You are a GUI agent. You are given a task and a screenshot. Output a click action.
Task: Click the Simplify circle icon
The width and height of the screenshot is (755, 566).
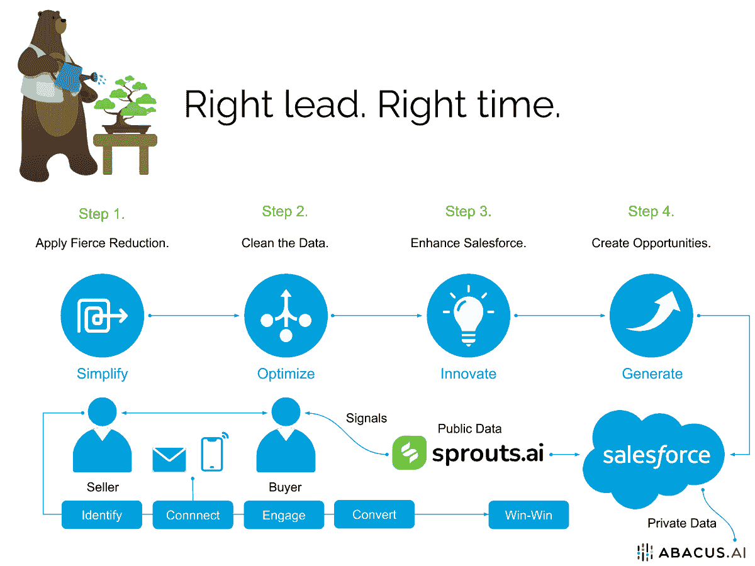(x=103, y=317)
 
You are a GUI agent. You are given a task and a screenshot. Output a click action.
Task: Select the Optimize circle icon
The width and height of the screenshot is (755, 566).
(x=286, y=317)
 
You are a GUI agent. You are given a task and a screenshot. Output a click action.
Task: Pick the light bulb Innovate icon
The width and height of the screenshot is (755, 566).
(x=468, y=317)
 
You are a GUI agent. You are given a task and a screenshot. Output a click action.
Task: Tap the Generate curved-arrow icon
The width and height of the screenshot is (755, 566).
(x=651, y=317)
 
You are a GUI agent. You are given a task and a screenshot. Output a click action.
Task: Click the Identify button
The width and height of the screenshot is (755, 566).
(x=102, y=516)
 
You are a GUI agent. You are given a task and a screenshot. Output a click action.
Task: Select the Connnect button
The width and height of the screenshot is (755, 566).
(x=193, y=516)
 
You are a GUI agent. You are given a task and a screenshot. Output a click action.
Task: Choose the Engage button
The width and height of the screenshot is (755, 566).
(x=284, y=516)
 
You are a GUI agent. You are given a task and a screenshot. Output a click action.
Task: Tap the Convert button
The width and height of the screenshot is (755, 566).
(x=374, y=514)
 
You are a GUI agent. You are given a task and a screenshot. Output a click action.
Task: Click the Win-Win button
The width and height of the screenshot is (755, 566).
(x=528, y=516)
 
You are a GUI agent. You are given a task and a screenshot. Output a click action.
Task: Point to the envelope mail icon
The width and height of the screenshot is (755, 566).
(x=169, y=460)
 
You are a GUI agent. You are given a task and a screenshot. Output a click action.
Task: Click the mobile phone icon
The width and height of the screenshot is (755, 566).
(x=212, y=454)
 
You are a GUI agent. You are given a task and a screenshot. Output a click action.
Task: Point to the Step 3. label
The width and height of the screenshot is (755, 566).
(x=468, y=211)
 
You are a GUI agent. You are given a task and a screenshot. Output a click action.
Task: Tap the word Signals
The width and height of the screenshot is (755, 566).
(x=367, y=418)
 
